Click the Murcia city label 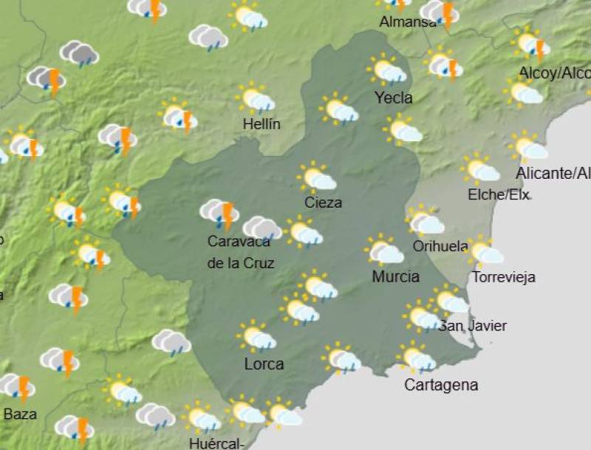click(x=395, y=277)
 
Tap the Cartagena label click(x=441, y=385)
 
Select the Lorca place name click(x=264, y=364)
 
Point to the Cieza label click(x=323, y=202)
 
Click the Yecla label click(x=393, y=98)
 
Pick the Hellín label click(x=262, y=124)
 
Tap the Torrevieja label click(x=503, y=278)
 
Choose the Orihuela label click(x=441, y=246)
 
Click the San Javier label click(x=473, y=325)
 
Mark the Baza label click(x=20, y=414)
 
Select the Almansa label click(x=408, y=22)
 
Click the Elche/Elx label click(x=499, y=195)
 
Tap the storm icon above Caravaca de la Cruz click(x=219, y=214)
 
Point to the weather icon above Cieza click(x=317, y=177)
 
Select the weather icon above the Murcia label click(x=384, y=250)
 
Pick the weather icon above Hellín click(x=255, y=98)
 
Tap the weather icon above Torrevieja click(x=485, y=252)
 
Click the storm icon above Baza click(x=17, y=386)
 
